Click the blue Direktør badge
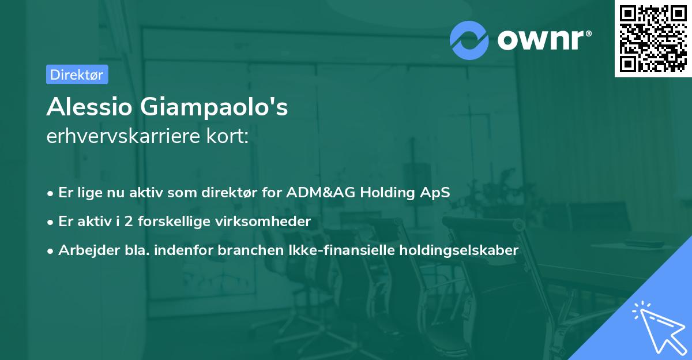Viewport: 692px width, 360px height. (x=77, y=74)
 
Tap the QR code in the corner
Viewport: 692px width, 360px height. (x=653, y=39)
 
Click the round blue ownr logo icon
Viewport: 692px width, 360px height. (x=469, y=40)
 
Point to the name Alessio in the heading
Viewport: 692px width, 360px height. (x=89, y=107)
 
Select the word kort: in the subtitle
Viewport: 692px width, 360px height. (x=227, y=136)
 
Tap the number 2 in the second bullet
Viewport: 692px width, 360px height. (x=129, y=222)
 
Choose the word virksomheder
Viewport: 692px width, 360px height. (x=263, y=222)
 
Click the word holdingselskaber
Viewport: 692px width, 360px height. (x=459, y=250)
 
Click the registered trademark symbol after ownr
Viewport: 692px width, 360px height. (x=588, y=33)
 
